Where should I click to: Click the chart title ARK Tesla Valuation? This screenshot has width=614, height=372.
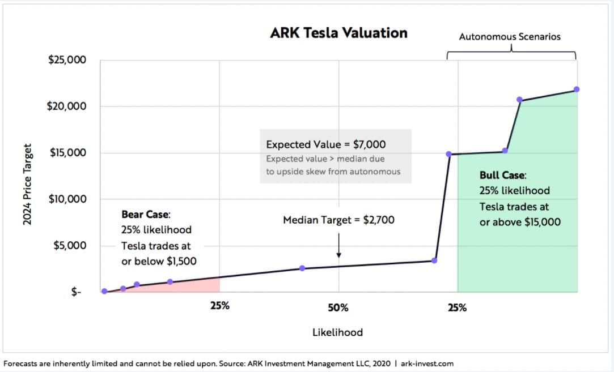pos(338,33)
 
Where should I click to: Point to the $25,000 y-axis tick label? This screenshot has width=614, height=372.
pos(67,59)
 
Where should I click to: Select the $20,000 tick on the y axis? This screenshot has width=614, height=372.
pos(67,106)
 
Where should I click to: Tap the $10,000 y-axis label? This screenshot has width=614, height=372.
pos(67,199)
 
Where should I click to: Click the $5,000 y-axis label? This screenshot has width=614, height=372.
pos(70,246)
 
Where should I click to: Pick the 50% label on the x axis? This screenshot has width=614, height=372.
pos(338,307)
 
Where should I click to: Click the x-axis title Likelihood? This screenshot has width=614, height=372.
pos(337,332)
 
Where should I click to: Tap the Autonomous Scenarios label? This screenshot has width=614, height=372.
pos(509,37)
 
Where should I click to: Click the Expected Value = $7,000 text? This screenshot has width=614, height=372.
pos(326,145)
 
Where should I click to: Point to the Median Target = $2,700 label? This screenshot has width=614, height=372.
pos(338,220)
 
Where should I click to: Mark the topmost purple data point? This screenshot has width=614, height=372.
pos(577,89)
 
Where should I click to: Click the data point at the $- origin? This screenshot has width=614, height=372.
pos(104,291)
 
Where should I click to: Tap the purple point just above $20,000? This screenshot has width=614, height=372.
pos(519,100)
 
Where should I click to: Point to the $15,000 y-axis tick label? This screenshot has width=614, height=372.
pos(67,153)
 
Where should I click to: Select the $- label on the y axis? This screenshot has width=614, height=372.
pos(76,292)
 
